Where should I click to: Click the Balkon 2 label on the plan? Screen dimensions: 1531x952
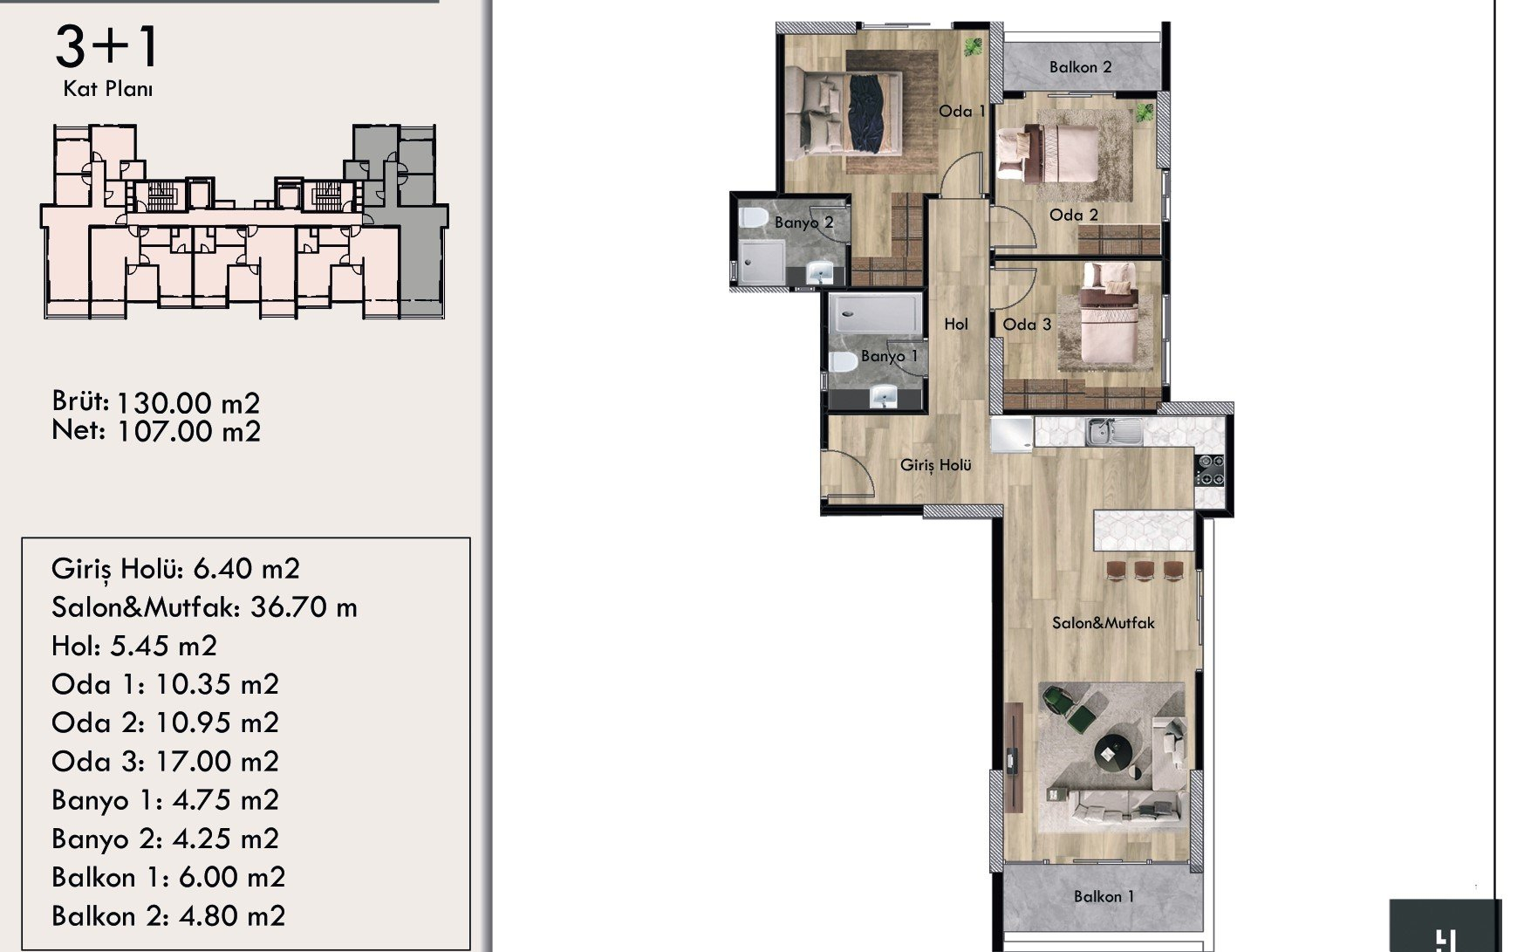click(1080, 67)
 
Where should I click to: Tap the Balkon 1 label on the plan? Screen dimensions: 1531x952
click(1104, 896)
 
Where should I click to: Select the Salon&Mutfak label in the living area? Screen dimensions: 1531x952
click(1103, 622)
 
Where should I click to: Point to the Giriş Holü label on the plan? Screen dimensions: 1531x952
click(935, 465)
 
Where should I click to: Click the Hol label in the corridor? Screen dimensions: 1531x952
click(955, 324)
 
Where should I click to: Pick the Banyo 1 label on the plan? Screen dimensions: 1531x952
click(889, 356)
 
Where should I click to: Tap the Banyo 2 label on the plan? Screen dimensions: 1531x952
click(803, 223)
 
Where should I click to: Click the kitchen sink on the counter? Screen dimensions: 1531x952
click(1114, 431)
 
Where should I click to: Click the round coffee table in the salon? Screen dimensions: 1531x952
click(1111, 750)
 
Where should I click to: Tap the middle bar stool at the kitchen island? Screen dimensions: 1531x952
click(1144, 571)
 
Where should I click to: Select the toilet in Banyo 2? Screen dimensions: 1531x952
click(752, 217)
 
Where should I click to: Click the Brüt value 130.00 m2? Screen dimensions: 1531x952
click(188, 402)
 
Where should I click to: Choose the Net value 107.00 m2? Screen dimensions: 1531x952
click(188, 431)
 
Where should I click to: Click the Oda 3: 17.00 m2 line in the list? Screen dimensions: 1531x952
click(165, 761)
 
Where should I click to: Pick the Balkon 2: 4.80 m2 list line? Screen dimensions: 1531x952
click(168, 915)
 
